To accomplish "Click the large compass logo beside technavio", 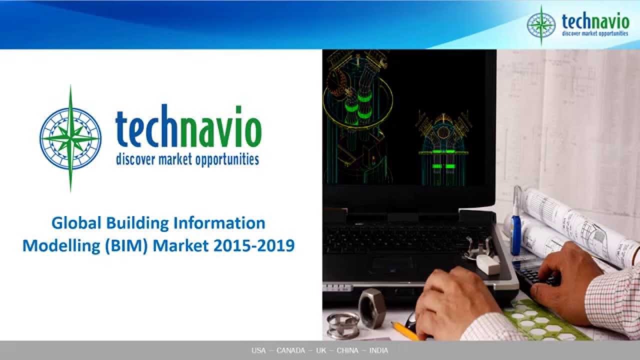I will (70, 138).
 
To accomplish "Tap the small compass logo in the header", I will (541, 25).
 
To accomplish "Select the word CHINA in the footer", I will (347, 350).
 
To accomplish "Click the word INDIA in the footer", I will (378, 350).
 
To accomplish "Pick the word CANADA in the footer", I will (290, 350).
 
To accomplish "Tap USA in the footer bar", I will (258, 350).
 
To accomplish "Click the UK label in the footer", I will (321, 350).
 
